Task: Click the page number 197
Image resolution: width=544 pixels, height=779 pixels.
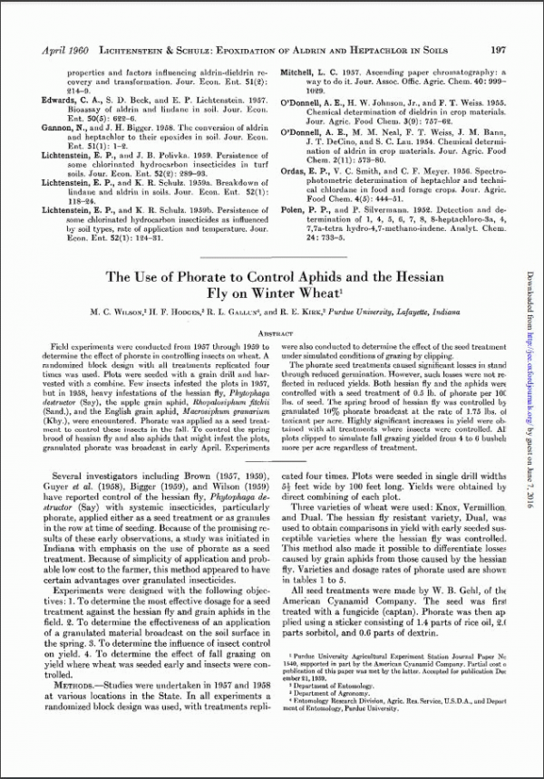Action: coord(498,52)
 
